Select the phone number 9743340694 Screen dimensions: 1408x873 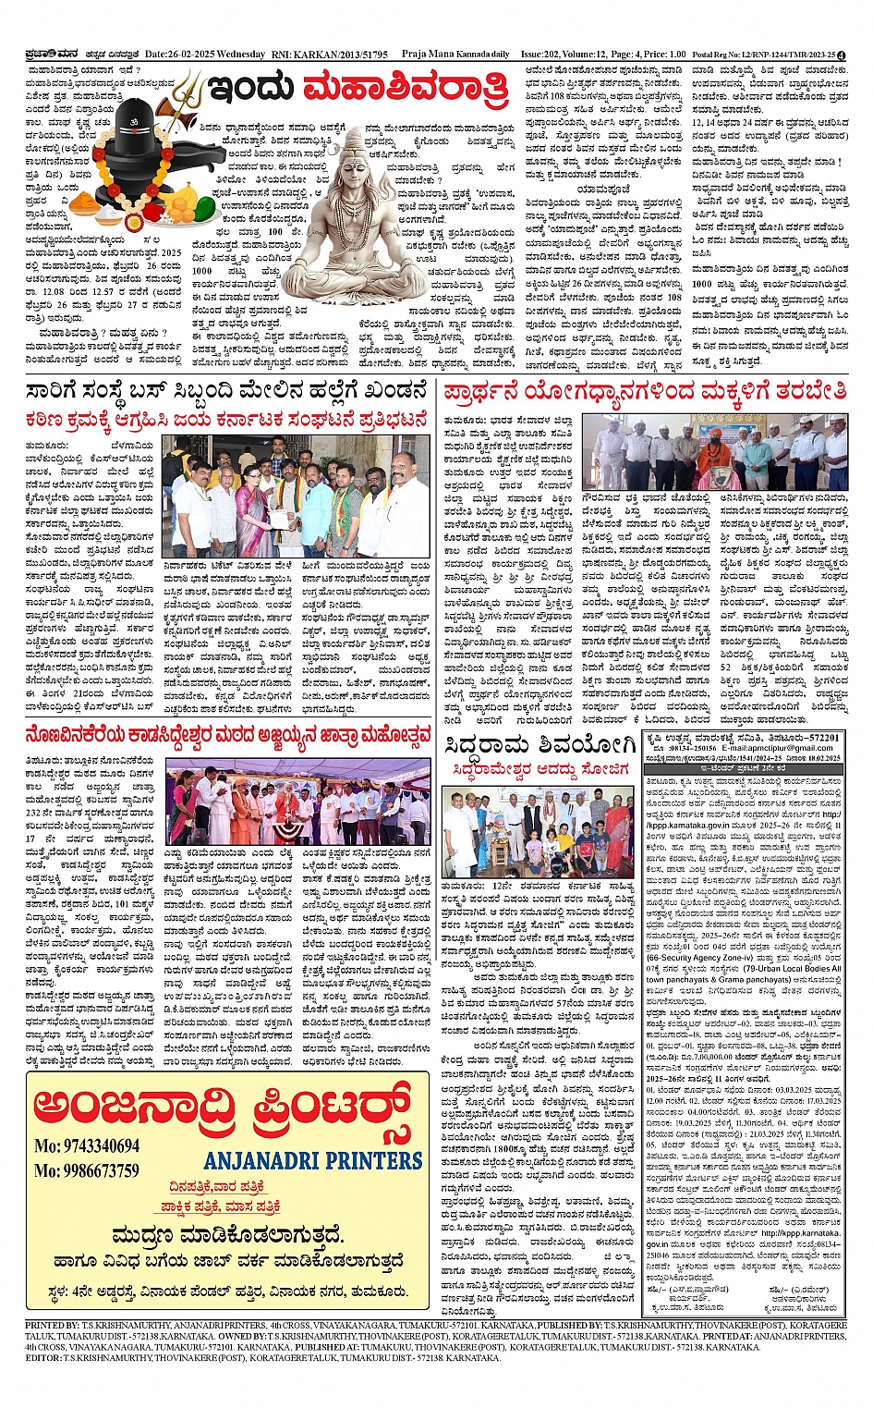coord(87,1146)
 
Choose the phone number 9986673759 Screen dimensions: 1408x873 coord(87,1171)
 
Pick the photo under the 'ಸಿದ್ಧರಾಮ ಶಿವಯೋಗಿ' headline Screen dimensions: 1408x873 coord(537,831)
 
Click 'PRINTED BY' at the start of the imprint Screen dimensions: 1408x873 coord(53,1325)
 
